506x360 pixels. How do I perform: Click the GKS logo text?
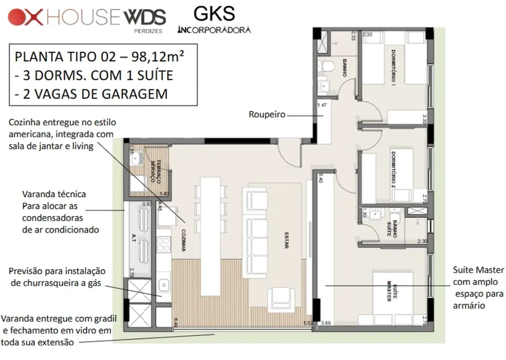pyautogui.click(x=214, y=13)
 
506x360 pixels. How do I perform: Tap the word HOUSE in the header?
pyautogui.click(x=84, y=17)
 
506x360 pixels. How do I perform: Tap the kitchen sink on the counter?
pyautogui.click(x=163, y=286)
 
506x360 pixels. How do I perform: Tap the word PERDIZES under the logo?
pyautogui.click(x=149, y=31)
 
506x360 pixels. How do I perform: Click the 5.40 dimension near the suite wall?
pyautogui.click(x=318, y=179)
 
